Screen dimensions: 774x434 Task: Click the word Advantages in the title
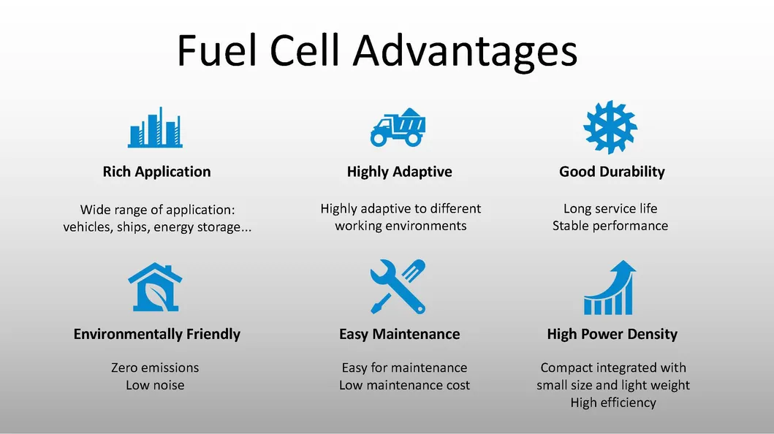(x=465, y=51)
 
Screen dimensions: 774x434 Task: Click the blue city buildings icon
(x=155, y=127)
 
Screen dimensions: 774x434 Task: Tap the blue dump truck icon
(x=398, y=127)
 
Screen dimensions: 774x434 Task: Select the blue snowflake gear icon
(x=610, y=127)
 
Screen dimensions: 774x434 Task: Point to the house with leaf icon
(x=155, y=287)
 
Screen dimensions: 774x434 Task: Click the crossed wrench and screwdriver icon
(x=398, y=286)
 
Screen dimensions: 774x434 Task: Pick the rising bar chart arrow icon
(x=610, y=288)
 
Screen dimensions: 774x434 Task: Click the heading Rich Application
(x=156, y=172)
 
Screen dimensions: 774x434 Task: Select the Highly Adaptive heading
(x=399, y=172)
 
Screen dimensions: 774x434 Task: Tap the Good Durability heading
(x=612, y=172)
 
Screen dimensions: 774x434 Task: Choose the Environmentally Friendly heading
(x=157, y=334)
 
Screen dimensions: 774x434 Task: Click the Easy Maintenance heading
(x=399, y=334)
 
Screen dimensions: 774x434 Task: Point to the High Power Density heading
(x=612, y=334)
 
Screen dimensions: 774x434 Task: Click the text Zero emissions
(x=155, y=368)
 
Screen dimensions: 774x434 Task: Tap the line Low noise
(x=155, y=385)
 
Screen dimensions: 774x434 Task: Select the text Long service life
(x=610, y=209)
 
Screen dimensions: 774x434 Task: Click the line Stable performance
(x=610, y=226)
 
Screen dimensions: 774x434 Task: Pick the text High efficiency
(x=613, y=403)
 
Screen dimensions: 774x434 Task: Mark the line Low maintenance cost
(x=404, y=385)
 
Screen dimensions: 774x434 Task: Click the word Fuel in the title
(x=216, y=50)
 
